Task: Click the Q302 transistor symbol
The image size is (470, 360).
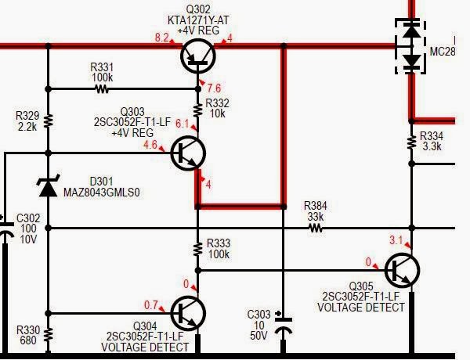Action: pyautogui.click(x=197, y=57)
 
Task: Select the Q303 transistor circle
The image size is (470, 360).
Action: pyautogui.click(x=188, y=153)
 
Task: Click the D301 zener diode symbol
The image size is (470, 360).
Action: pyautogui.click(x=49, y=187)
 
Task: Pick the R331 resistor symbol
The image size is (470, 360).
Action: pyautogui.click(x=103, y=89)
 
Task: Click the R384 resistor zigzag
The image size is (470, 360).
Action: pyautogui.click(x=316, y=229)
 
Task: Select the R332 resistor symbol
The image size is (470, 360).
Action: pyautogui.click(x=197, y=109)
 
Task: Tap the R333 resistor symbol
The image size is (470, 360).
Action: pyautogui.click(x=197, y=250)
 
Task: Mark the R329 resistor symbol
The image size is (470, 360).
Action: pyautogui.click(x=49, y=121)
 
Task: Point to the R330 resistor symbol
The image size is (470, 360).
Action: pyautogui.click(x=49, y=335)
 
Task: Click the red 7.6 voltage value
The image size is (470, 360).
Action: pyautogui.click(x=213, y=88)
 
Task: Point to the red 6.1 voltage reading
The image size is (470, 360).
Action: pyautogui.click(x=182, y=124)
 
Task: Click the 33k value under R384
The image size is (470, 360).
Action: pyautogui.click(x=316, y=216)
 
